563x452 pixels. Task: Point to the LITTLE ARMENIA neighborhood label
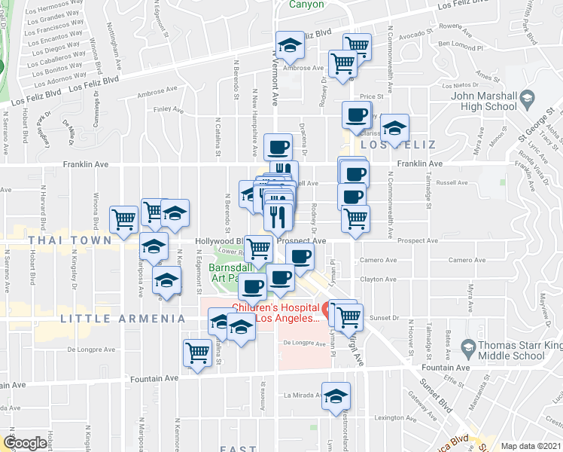tap(123, 319)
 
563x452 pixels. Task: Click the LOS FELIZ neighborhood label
tap(388, 144)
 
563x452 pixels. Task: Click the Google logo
tap(25, 444)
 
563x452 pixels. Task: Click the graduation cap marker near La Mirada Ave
tap(336, 395)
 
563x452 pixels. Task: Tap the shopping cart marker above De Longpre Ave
tap(197, 351)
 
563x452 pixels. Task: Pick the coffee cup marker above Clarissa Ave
tap(356, 115)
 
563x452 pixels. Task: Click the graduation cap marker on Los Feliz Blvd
tap(290, 45)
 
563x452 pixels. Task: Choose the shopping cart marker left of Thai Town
tap(124, 218)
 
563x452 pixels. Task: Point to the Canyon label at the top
tap(307, 5)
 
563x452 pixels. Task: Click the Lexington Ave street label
tap(395, 417)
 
